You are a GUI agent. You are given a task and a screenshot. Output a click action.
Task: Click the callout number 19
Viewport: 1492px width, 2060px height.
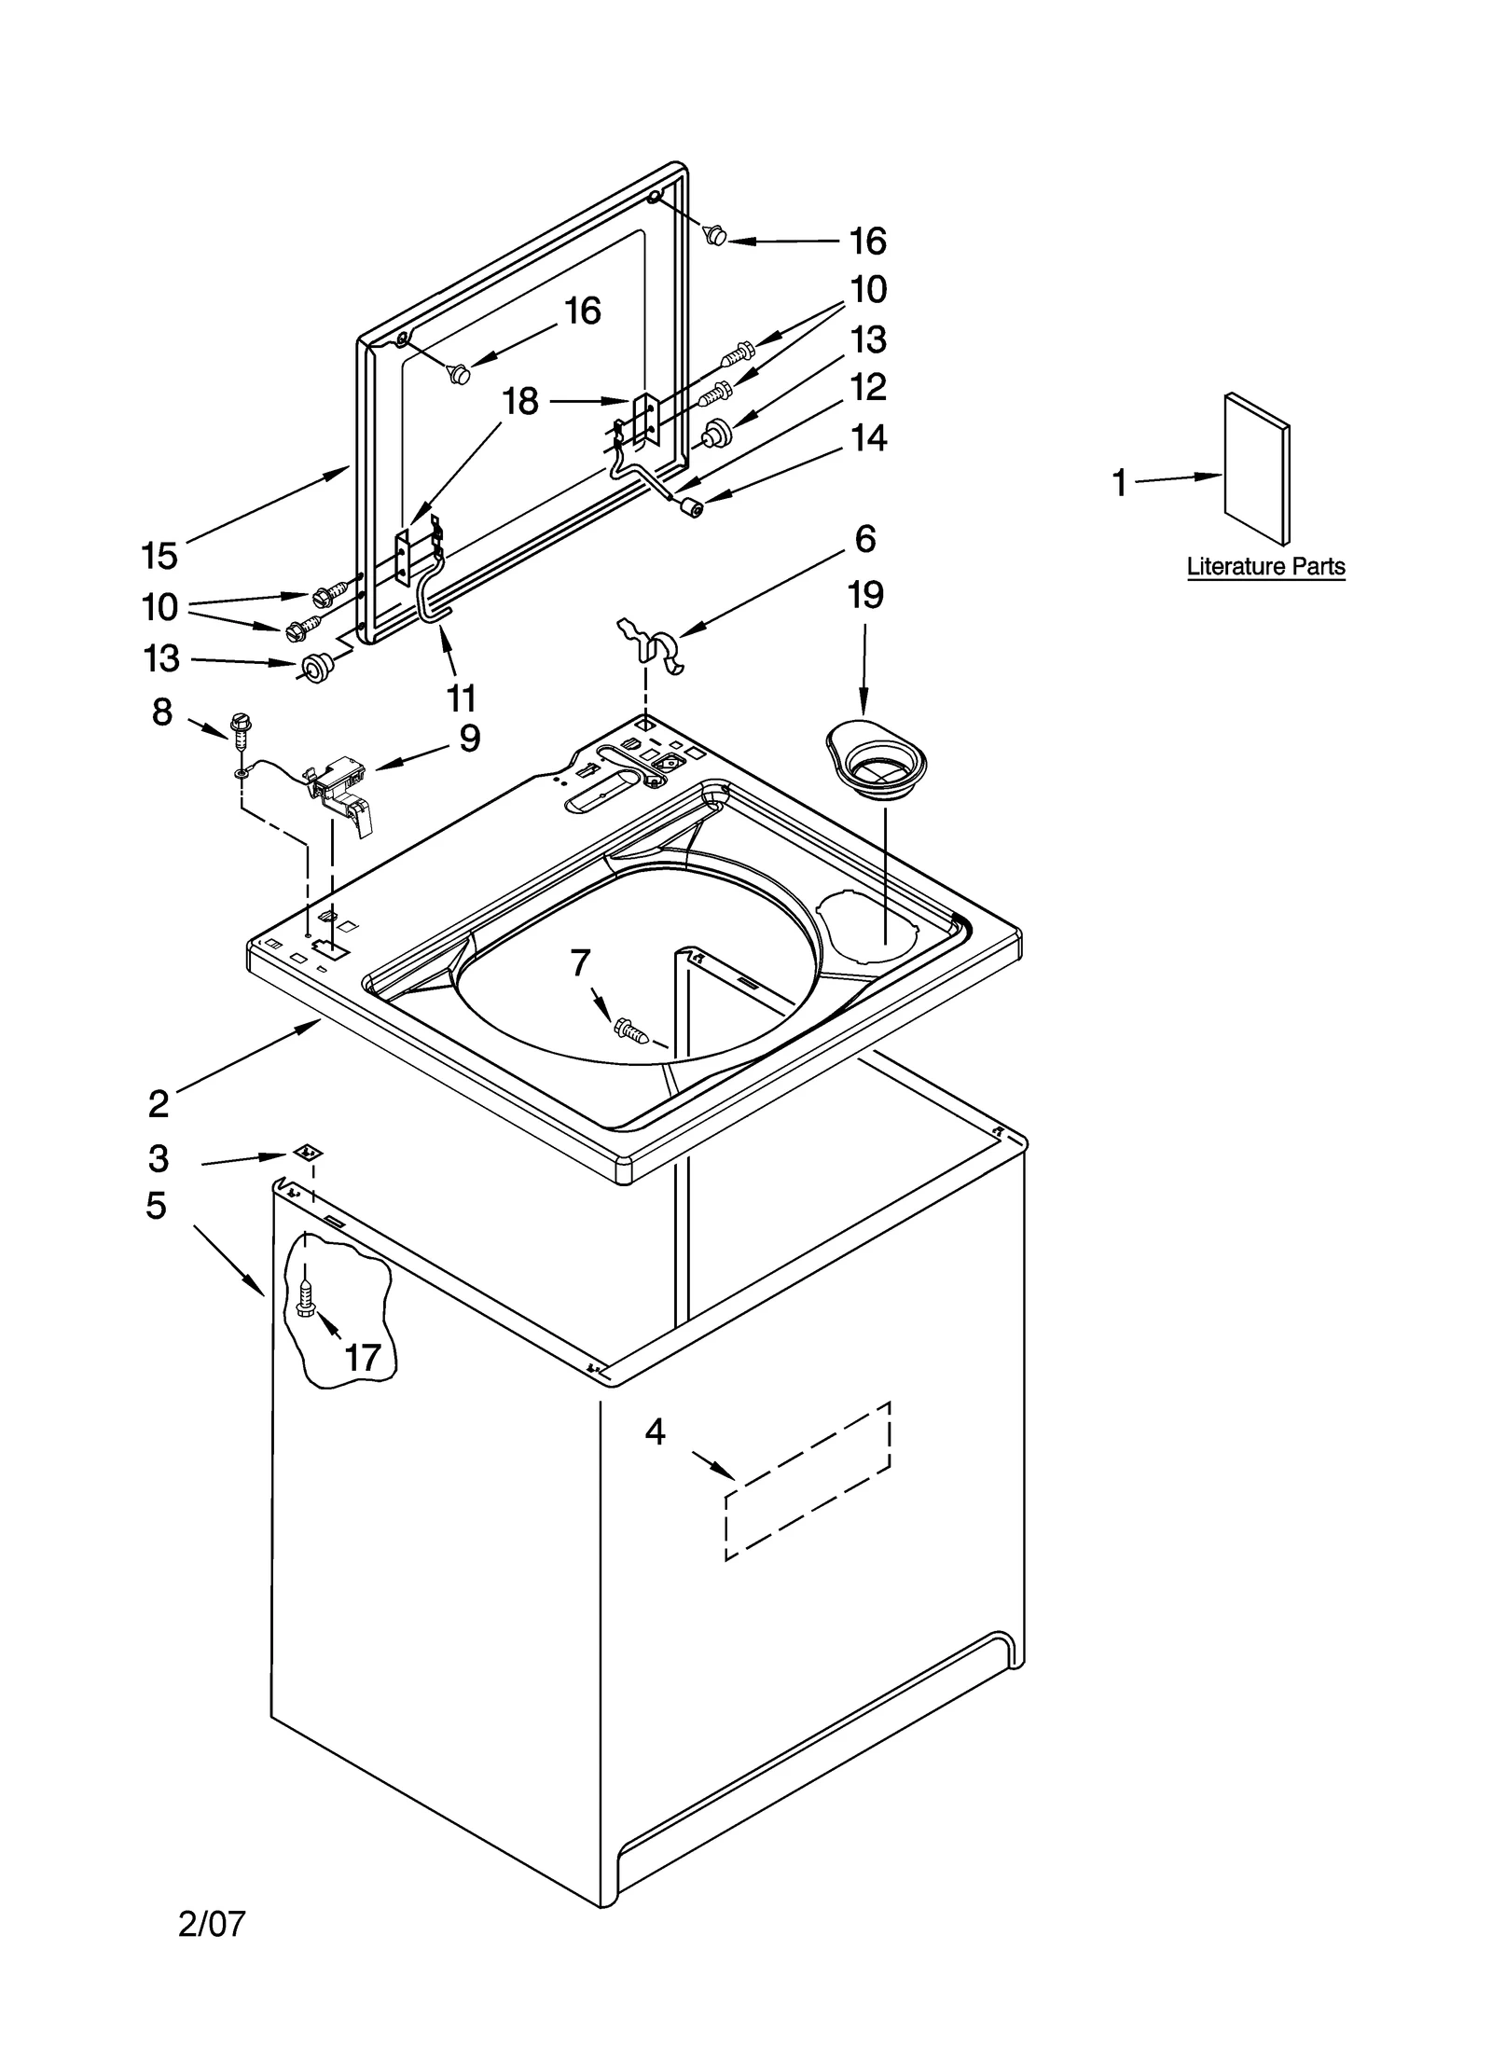click(864, 595)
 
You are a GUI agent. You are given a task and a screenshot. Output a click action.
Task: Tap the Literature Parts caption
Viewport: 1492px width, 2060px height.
click(1264, 566)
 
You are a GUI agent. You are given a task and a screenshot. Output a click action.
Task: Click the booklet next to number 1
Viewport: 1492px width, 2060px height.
click(1256, 468)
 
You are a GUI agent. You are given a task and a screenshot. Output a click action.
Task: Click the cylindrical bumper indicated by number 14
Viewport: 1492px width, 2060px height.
click(692, 509)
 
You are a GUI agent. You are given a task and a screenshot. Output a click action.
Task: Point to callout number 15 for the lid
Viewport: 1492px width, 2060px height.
click(159, 556)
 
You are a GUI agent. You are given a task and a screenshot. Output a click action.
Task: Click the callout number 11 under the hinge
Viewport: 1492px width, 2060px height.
click(461, 697)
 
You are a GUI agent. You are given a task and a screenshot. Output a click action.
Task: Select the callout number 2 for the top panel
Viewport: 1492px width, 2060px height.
click(159, 1104)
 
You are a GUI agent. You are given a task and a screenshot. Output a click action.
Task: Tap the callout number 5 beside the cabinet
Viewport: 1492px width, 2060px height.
click(156, 1206)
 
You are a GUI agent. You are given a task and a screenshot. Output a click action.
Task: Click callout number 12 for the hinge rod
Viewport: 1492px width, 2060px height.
click(867, 387)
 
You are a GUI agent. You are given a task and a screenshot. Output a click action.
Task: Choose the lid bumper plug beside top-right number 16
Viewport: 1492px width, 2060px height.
click(715, 236)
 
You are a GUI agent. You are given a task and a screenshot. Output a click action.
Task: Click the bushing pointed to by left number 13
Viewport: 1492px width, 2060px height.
click(317, 667)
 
